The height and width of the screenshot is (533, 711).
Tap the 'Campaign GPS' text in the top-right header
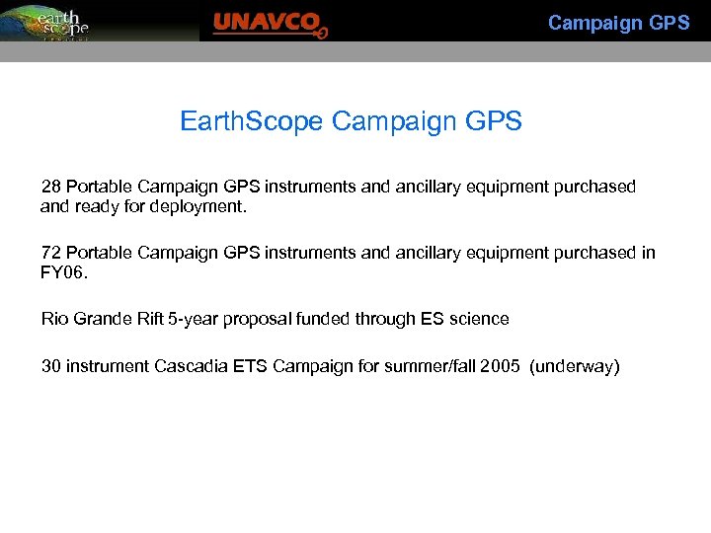tap(618, 23)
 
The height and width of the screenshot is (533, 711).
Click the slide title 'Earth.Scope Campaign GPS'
tap(351, 121)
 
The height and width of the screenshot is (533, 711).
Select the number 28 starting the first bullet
tap(50, 187)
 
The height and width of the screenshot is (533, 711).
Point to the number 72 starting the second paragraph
tap(50, 253)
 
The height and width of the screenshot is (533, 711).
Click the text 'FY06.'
tap(64, 272)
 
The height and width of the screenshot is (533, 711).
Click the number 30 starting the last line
tap(50, 366)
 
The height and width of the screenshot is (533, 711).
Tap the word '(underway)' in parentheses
tap(575, 366)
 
